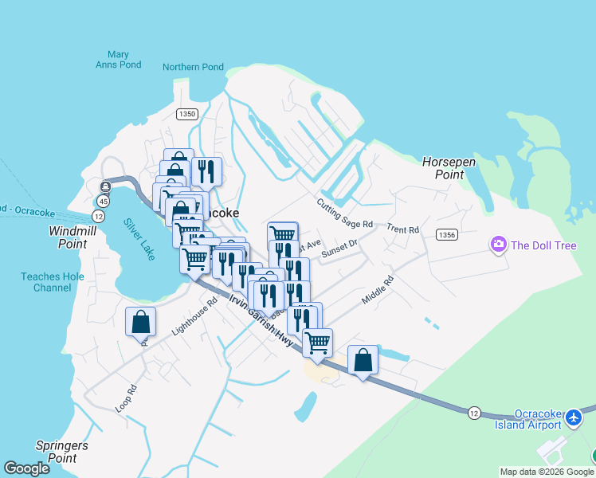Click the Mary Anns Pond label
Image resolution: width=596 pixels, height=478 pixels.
[118, 60]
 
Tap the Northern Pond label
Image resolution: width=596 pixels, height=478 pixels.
[193, 68]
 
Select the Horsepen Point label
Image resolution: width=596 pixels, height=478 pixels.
[449, 168]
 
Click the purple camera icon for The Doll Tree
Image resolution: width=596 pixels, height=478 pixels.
[499, 244]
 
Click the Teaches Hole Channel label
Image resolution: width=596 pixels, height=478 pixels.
[46, 282]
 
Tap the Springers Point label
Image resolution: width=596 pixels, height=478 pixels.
[61, 452]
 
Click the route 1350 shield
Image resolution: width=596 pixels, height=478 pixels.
[187, 114]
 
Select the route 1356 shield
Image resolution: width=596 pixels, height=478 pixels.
[446, 234]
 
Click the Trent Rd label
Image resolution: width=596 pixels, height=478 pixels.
[402, 229]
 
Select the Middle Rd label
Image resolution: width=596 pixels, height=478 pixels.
[378, 290]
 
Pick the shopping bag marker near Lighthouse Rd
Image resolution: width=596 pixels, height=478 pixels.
[140, 323]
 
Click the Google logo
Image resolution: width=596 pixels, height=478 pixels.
[26, 468]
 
